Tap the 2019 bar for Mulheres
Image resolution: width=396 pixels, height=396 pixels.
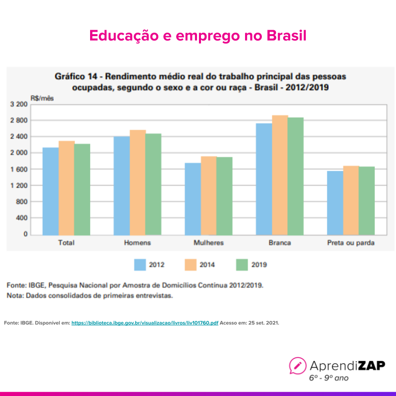[x=224, y=196]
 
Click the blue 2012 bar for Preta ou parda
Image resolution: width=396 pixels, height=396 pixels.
[x=335, y=202]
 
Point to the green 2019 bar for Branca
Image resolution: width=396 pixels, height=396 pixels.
[x=296, y=176]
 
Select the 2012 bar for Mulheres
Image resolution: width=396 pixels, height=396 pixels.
[x=193, y=198]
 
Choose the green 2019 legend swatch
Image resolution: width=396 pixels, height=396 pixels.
[x=242, y=265]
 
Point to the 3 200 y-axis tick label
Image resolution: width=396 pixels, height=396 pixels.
[x=19, y=104]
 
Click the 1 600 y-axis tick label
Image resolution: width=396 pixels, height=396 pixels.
[x=19, y=169]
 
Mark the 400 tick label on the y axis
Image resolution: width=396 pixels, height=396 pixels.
[x=22, y=218]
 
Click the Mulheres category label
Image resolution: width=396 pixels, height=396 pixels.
[x=208, y=243]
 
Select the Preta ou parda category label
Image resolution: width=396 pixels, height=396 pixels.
[x=351, y=243]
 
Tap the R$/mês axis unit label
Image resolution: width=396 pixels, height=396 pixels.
[x=42, y=98]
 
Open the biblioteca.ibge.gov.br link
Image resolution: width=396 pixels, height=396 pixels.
[x=145, y=323]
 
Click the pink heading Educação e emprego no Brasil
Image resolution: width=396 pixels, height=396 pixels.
[x=198, y=36]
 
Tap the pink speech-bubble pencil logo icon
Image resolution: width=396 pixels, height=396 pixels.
[x=298, y=366]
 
